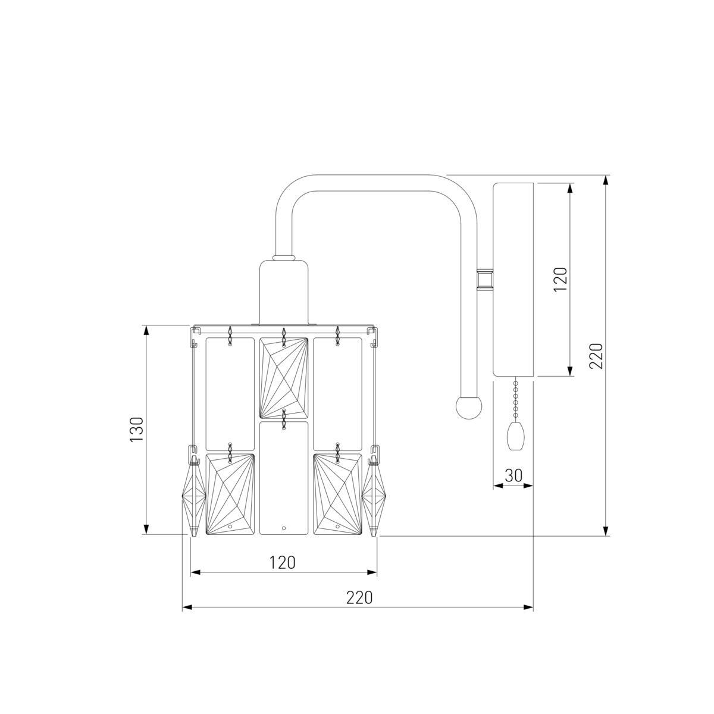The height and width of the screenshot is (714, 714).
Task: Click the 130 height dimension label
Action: coord(136,429)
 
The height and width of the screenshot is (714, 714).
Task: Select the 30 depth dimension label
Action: coord(513,475)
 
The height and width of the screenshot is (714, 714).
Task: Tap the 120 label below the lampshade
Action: coord(283,562)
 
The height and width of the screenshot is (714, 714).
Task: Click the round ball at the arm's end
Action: coord(469,408)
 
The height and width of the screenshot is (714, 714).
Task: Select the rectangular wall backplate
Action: coord(513,280)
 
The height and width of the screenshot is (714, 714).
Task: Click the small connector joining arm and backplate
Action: coord(485,280)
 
